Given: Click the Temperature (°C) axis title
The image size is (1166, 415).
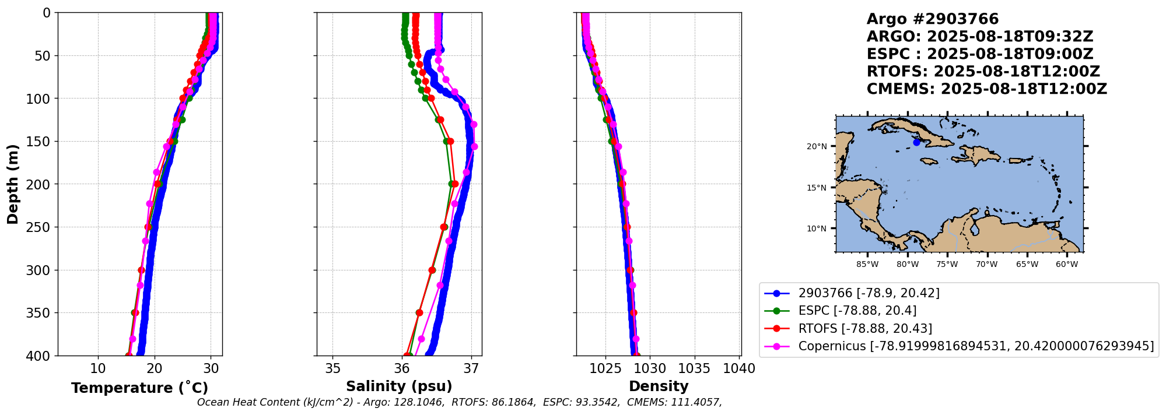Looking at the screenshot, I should coord(139,388).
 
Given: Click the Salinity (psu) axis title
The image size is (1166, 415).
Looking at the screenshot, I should coord(399,386).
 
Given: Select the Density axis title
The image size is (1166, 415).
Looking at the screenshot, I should coord(659,386).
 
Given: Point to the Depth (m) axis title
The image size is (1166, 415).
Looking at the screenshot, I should coord(12,184).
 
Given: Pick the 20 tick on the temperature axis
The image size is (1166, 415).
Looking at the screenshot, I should coord(155,369).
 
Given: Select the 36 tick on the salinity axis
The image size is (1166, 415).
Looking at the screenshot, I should coord(402,369).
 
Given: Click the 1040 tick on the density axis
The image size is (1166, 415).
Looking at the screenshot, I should coord(739,369).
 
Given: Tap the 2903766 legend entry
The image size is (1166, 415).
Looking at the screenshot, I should coord(869,293).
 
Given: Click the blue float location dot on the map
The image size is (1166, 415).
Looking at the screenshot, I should coord(916,142).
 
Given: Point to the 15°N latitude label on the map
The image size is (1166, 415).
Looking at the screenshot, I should coord(817,188).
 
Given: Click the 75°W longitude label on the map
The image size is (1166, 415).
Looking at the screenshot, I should coord(947,264).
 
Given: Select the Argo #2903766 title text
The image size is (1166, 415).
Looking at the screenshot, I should coord(932,19).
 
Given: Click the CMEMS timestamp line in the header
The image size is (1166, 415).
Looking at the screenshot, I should coord(986,89).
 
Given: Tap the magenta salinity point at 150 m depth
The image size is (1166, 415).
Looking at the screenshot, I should coord(474,146).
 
